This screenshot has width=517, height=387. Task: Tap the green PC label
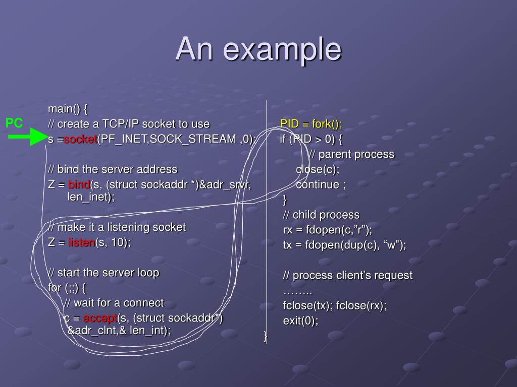(x=14, y=123)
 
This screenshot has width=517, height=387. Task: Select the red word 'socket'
(x=80, y=139)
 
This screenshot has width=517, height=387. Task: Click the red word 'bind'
(x=79, y=184)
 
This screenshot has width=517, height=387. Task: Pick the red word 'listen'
(x=82, y=242)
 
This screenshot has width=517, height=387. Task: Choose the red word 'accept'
(x=100, y=318)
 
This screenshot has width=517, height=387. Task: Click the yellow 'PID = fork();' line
(x=311, y=124)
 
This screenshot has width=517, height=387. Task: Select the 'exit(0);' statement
(x=300, y=320)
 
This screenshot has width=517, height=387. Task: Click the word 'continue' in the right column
(x=318, y=184)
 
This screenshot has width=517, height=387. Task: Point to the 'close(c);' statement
(x=318, y=169)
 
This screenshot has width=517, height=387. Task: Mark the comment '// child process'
(x=321, y=215)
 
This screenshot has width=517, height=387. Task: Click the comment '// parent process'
(x=351, y=154)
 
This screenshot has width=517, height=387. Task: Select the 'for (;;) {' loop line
(x=67, y=288)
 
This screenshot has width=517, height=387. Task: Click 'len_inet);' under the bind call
(x=91, y=197)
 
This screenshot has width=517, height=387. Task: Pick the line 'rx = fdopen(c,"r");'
(x=327, y=230)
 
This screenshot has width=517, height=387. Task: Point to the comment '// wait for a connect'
(x=114, y=303)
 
